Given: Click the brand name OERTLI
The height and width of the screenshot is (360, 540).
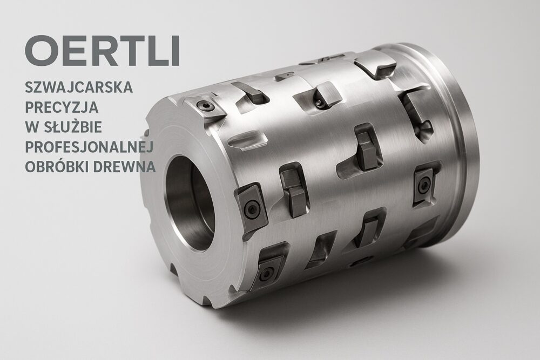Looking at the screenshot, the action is [102, 51].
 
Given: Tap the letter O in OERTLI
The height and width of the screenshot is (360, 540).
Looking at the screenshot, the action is [41, 51].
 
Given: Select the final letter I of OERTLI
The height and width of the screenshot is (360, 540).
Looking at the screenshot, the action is [175, 51].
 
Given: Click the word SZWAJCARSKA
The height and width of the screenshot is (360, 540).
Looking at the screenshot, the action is [79, 87].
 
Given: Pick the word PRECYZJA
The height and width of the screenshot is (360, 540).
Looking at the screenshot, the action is [62, 107].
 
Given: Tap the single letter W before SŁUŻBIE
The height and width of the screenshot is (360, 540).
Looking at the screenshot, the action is [32, 127].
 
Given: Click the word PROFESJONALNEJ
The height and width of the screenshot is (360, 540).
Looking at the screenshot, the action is [89, 147].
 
